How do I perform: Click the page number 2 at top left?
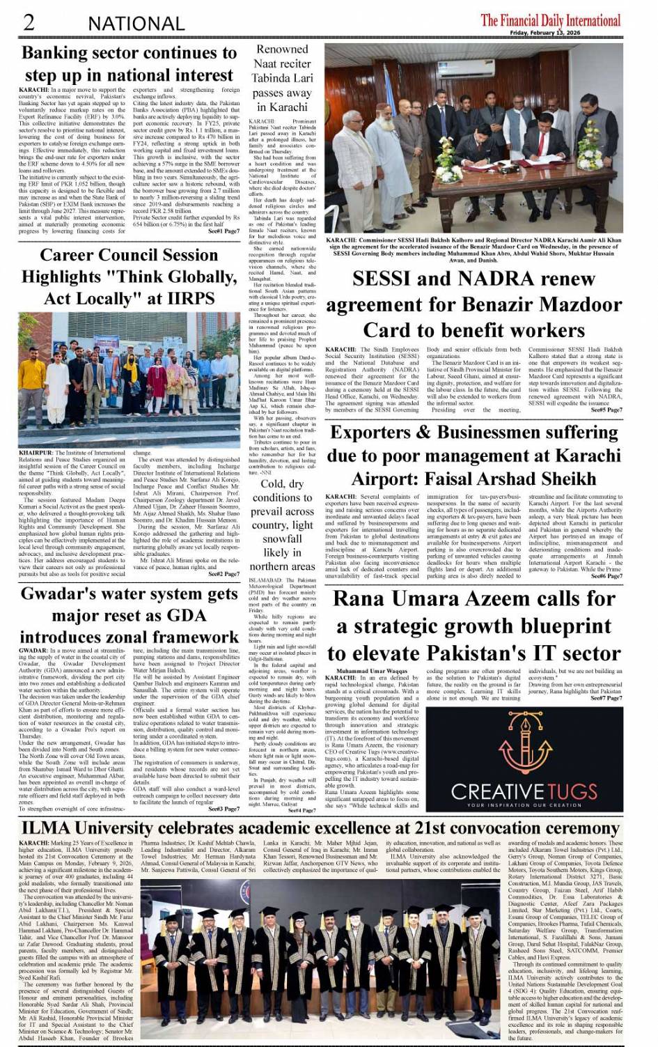point(29,22)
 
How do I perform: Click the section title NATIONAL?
point(136,24)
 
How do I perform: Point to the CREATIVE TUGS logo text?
point(525,791)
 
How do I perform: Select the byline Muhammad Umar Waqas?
point(381,672)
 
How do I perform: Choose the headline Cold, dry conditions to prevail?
point(281,525)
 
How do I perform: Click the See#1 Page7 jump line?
point(224,231)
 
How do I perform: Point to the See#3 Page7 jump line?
point(224,809)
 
